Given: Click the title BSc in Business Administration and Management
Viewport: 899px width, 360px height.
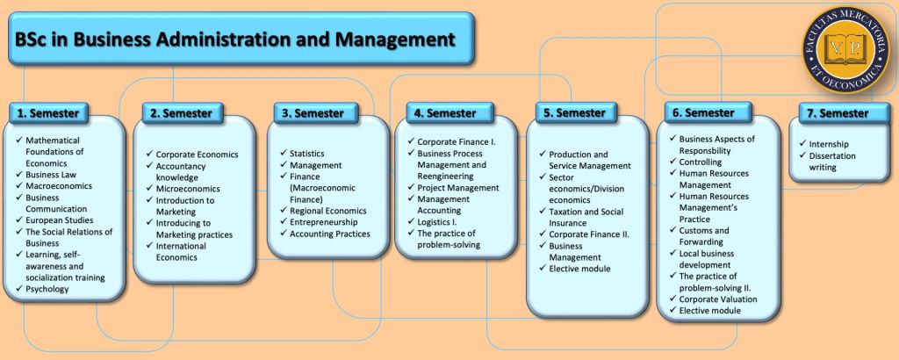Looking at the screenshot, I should (234, 40).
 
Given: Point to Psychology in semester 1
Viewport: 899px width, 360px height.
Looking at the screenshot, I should (47, 289).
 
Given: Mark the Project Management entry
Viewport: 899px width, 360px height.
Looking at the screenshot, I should (457, 188).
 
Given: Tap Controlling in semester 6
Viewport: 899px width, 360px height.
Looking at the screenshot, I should (701, 162).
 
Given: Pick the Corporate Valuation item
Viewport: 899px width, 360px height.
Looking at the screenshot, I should (718, 299).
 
